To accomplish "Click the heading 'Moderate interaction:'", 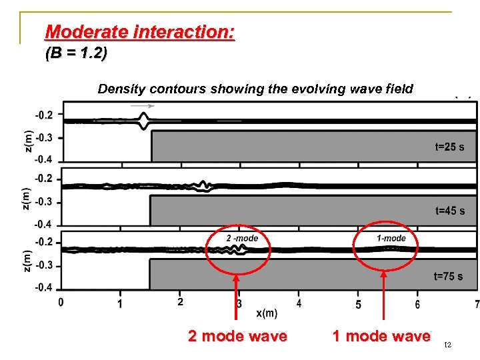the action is pyautogui.click(x=139, y=31).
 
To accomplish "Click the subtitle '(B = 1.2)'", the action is pyautogui.click(x=75, y=55).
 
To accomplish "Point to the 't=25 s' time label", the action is pyautogui.click(x=450, y=147).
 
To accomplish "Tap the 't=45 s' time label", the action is pyautogui.click(x=450, y=211).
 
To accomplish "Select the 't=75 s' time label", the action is pyautogui.click(x=448, y=276).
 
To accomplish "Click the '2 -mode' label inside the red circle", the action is pyautogui.click(x=242, y=238).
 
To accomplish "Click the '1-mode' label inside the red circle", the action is pyautogui.click(x=391, y=238).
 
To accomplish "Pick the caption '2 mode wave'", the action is pyautogui.click(x=237, y=336).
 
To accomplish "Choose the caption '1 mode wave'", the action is pyautogui.click(x=381, y=336).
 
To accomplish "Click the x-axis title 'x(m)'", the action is pyautogui.click(x=267, y=313).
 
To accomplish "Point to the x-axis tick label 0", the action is pyautogui.click(x=61, y=303).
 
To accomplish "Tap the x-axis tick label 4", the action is pyautogui.click(x=299, y=303).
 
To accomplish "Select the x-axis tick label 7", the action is pyautogui.click(x=477, y=305).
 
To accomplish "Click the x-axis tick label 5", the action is pyautogui.click(x=359, y=305).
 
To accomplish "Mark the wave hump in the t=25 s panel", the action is pyautogui.click(x=144, y=121).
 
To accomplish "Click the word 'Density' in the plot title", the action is pyautogui.click(x=121, y=89).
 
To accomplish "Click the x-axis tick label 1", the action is pyautogui.click(x=120, y=305).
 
